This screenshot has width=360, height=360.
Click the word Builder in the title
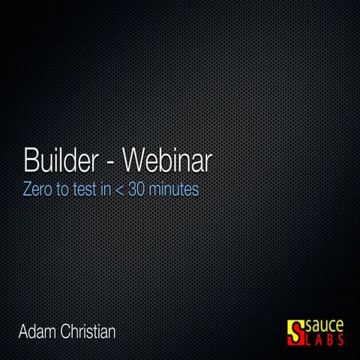tap(64, 160)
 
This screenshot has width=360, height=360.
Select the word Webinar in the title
tap(166, 160)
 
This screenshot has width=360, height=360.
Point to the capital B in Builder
tap(31, 160)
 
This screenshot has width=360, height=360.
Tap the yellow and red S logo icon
tap(295, 331)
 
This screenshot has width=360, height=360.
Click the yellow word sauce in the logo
tap(325, 326)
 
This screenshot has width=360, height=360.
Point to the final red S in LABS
tap(340, 340)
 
